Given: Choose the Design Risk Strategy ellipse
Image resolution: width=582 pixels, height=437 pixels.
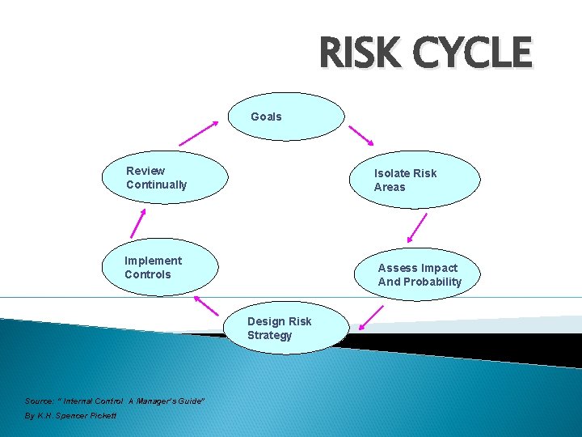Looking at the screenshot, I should pyautogui.click(x=286, y=328).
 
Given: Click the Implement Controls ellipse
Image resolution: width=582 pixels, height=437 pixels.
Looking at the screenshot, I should pyautogui.click(x=160, y=267).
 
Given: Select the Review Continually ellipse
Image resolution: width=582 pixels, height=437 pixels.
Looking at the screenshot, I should pyautogui.click(x=166, y=177).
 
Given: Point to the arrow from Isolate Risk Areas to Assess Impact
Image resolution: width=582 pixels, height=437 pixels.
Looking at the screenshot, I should pyautogui.click(x=417, y=228).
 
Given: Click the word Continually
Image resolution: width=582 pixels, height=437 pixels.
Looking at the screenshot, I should pyautogui.click(x=156, y=185).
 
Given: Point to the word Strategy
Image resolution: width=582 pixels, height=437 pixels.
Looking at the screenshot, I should pyautogui.click(x=269, y=335).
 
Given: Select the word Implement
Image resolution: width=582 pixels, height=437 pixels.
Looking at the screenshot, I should pyautogui.click(x=153, y=261).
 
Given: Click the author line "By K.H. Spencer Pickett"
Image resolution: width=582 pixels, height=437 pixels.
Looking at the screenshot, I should pyautogui.click(x=70, y=415).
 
